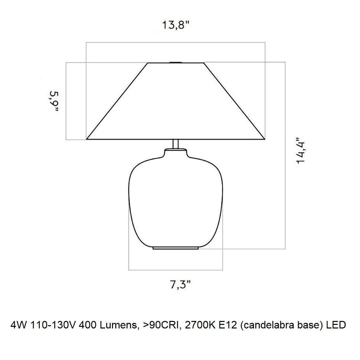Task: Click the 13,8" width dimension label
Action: tap(176, 25)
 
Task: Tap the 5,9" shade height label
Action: tap(54, 101)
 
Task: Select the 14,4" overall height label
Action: tap(301, 151)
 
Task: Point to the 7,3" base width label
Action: tap(180, 285)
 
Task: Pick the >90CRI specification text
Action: tap(161, 325)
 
